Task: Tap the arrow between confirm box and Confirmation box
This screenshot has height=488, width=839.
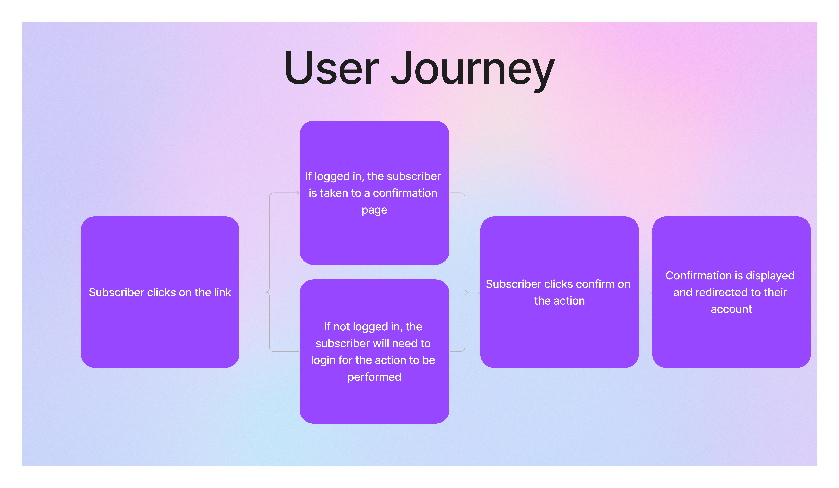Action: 646,292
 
